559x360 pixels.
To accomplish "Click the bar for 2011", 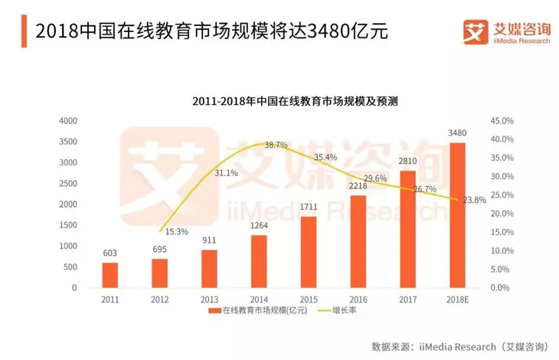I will pos(110,275).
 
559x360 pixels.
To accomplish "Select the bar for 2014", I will pos(258,261).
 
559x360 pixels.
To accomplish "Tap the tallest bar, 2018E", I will pos(457,215).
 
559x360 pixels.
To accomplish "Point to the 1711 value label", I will pos(308,208).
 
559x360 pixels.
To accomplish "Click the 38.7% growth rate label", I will pos(276,145).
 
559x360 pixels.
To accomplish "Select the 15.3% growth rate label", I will pos(178,231).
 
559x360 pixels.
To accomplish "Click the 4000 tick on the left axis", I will pos(68,121).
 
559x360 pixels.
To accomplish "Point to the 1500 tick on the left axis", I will pos(68,225).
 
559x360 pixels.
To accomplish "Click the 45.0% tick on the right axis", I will pos(500,121).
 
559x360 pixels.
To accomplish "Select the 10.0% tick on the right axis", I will pos(500,250).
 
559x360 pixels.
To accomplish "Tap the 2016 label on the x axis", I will pos(358,299).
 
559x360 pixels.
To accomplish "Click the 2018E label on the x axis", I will pos(457,299).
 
